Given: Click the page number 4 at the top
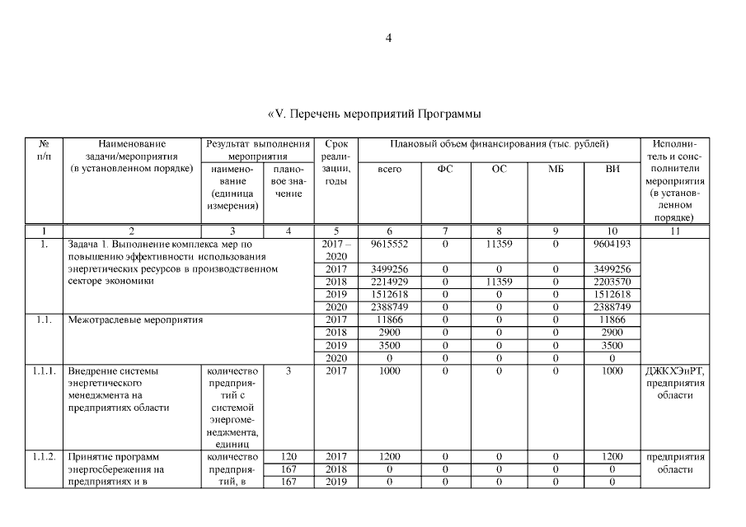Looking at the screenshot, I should point(388,38).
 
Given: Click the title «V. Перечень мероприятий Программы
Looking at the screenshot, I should point(374,113).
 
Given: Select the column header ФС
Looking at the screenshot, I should point(444,170).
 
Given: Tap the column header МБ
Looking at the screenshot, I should point(556,170).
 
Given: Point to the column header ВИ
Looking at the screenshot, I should point(612,170).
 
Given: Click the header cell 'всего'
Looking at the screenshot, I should point(389,170).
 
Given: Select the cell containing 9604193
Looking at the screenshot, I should point(612,245).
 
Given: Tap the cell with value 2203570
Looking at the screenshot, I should point(612,282).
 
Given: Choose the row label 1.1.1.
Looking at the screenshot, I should point(45,371).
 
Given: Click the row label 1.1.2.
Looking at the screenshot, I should point(45,456).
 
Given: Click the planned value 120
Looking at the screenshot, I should point(289,456).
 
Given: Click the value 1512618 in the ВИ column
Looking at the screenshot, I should point(612,294).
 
